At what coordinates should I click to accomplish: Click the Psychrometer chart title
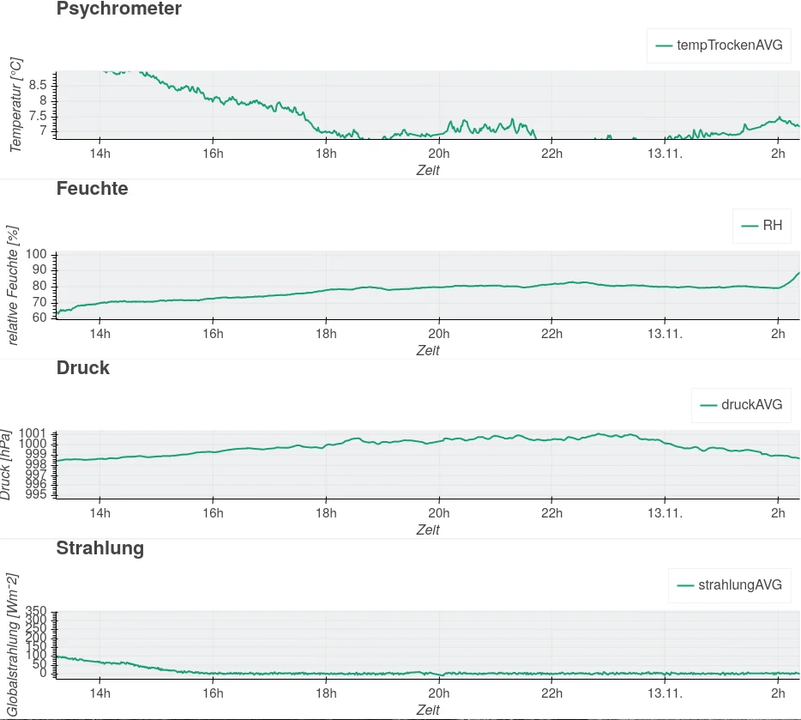click(118, 9)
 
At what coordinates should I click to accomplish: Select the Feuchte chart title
click(92, 189)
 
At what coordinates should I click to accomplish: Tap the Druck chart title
click(82, 368)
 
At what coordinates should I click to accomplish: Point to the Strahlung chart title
click(99, 548)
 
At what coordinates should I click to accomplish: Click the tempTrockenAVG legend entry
click(719, 45)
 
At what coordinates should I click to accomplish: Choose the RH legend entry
click(762, 226)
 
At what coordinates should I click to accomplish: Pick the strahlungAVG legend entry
click(730, 585)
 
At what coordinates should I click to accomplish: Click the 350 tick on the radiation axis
click(36, 611)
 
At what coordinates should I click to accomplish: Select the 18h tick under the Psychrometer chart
click(326, 154)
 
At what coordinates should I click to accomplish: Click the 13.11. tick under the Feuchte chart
click(665, 334)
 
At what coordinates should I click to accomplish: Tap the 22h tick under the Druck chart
click(551, 513)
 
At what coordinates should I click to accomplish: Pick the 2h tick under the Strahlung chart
click(778, 693)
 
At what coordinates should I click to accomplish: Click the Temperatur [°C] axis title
click(15, 105)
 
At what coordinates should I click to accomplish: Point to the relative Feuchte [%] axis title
click(12, 286)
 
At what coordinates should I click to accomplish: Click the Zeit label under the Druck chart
click(428, 530)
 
